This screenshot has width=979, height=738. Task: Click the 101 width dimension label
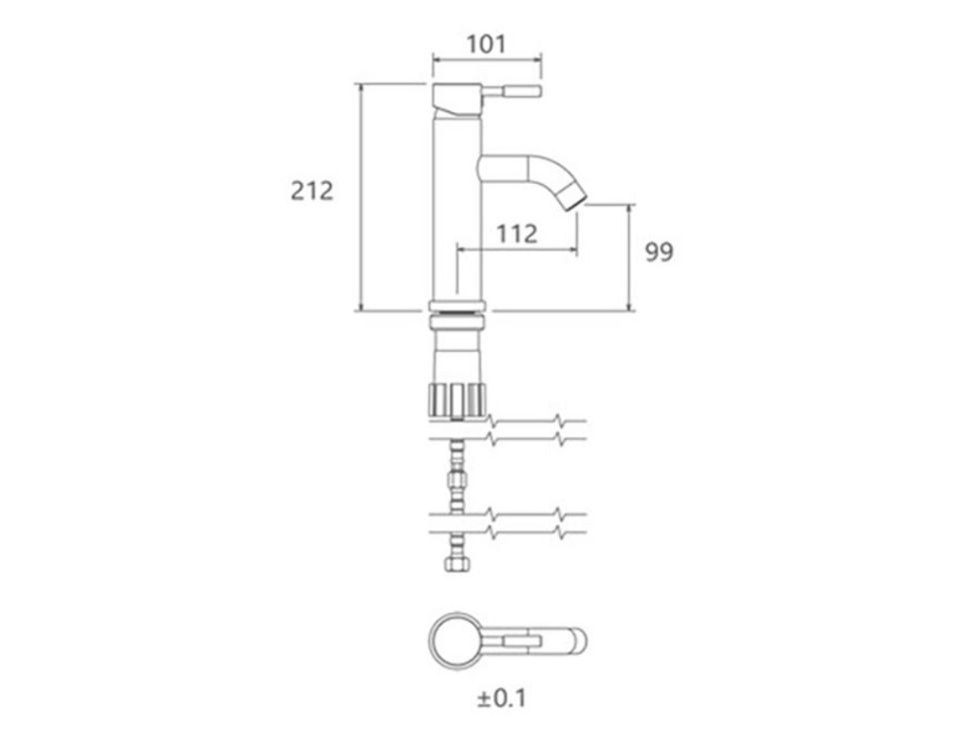487,44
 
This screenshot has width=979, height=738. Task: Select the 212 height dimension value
312,191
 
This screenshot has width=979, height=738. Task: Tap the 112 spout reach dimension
517,234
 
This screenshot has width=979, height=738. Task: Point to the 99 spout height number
659,252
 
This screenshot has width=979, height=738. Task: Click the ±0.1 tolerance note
501,698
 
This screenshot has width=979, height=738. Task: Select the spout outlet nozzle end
575,201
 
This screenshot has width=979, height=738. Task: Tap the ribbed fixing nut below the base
458,400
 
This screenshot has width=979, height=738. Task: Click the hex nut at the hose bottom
457,563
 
